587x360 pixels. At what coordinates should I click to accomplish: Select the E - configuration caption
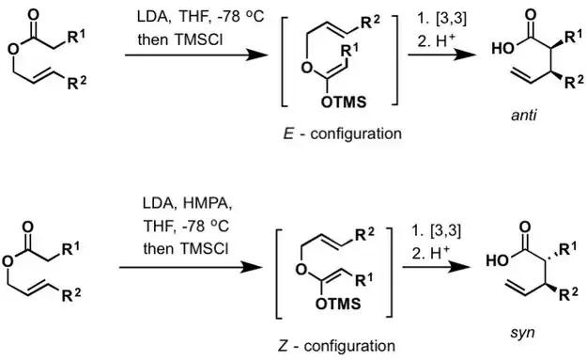(346, 133)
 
